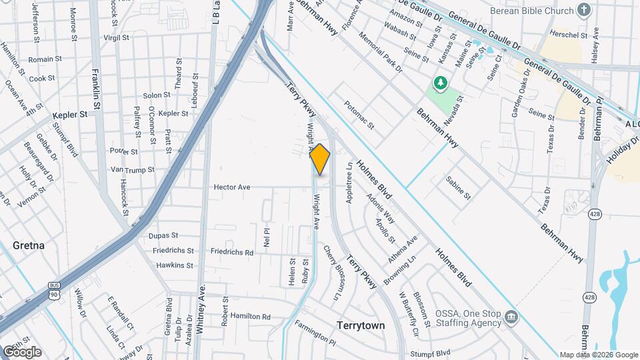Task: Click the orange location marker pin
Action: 320,159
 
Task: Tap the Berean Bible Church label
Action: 531,11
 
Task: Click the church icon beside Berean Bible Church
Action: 585,10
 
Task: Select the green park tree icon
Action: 439,83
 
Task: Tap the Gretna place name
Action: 28,245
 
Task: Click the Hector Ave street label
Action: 231,187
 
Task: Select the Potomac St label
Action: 359,115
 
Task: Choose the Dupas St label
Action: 163,235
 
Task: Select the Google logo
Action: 22,352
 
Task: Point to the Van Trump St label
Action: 132,170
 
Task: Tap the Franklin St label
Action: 97,87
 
